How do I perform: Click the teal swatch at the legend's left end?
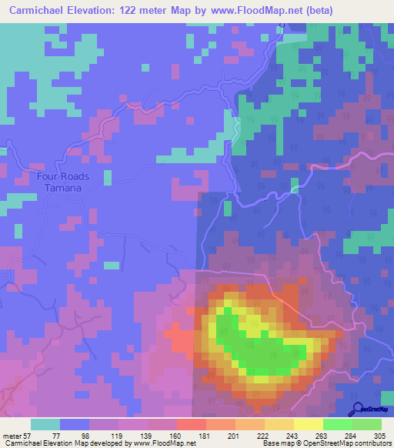coord(45,425)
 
